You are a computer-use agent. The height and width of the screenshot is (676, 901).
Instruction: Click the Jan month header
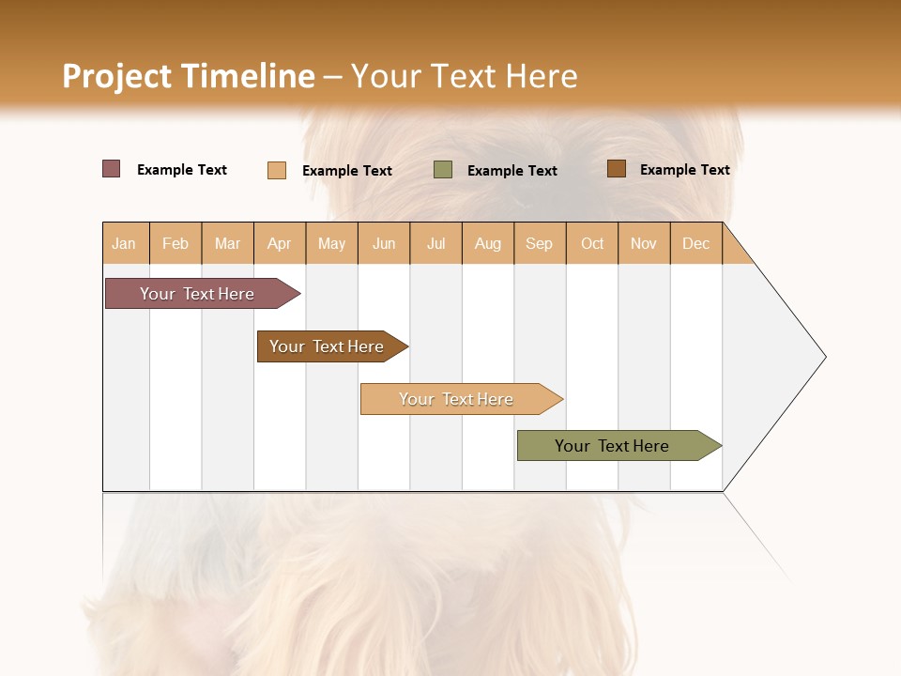coord(124,243)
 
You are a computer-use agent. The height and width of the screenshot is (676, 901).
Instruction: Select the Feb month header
coord(176,243)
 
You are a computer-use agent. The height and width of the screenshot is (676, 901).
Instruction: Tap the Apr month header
coord(279,243)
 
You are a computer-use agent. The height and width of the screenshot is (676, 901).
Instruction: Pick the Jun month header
coord(384,243)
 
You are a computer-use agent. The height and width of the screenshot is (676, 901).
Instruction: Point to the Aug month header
coord(487,243)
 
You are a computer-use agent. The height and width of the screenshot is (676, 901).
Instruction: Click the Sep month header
coord(539,243)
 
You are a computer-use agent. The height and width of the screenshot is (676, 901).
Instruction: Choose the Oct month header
coord(592,243)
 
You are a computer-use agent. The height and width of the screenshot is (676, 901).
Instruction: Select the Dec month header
coord(695,243)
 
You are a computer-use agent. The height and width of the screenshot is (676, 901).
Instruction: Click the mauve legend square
coord(112,169)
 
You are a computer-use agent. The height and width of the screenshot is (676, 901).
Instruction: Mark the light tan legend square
coord(277,170)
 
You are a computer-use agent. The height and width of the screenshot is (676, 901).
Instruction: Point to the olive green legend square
coord(443,170)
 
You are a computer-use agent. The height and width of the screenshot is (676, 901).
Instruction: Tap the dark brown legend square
coord(617,169)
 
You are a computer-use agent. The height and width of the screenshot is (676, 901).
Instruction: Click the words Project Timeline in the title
coord(188,76)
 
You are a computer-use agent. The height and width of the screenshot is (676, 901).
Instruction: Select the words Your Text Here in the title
coord(464,76)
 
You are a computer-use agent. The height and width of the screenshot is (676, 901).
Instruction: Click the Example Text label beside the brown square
coord(684,170)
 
